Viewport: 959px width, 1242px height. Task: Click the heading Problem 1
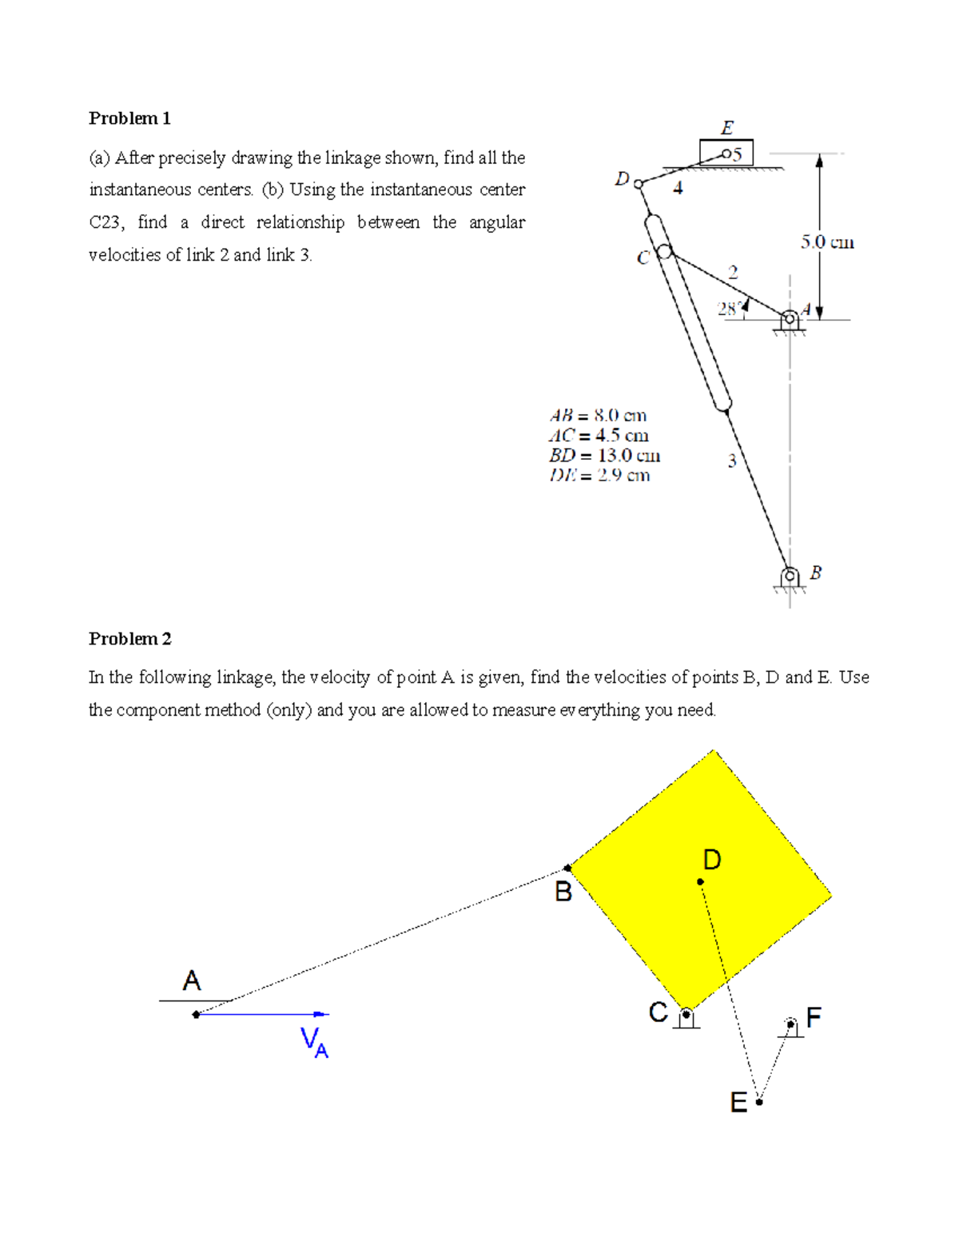[129, 118]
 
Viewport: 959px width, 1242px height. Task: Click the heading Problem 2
[129, 638]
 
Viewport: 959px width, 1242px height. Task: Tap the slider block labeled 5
[726, 153]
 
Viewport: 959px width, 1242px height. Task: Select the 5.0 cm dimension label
[827, 242]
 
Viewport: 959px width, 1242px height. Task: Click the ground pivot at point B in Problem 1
[790, 576]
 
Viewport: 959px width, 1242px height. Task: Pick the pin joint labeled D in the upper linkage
[638, 184]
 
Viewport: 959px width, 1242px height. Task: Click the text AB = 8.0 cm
[598, 415]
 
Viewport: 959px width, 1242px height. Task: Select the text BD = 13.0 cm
[604, 455]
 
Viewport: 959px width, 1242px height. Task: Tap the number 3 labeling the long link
[731, 461]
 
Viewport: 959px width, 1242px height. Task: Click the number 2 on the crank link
[733, 273]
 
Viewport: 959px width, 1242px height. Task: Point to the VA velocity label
[314, 1042]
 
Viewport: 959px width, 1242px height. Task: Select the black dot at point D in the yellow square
[700, 881]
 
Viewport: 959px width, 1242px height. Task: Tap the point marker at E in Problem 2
[759, 1101]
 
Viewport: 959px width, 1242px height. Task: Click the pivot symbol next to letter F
[790, 1025]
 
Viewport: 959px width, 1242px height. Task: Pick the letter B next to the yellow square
[563, 892]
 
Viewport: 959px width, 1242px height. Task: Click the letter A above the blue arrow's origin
[191, 980]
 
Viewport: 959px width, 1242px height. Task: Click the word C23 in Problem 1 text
[105, 222]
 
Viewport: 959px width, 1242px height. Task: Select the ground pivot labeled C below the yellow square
[686, 1016]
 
